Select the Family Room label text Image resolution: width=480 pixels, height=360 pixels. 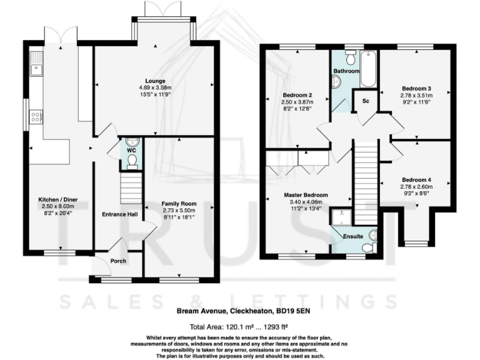click(x=179, y=204)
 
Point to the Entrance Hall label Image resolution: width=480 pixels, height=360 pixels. click(x=119, y=215)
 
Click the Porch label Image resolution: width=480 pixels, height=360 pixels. click(x=118, y=261)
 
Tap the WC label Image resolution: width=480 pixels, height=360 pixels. click(x=131, y=151)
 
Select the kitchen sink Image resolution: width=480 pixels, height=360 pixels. click(x=36, y=64)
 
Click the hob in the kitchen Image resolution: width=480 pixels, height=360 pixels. click(x=36, y=116)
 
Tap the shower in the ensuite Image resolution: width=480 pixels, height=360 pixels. click(x=341, y=216)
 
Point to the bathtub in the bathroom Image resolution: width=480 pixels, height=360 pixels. click(x=369, y=69)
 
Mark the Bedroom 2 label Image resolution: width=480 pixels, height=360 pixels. click(x=297, y=96)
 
